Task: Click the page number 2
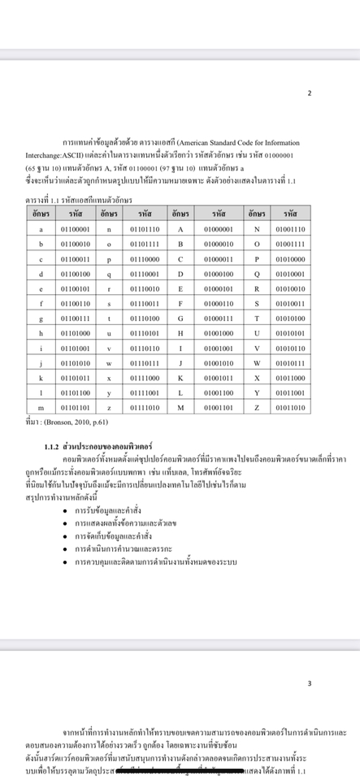[x=309, y=93]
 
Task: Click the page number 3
[x=309, y=683]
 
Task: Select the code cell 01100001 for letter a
[x=76, y=229]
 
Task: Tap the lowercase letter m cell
[x=41, y=407]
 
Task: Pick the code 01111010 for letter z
[x=145, y=407]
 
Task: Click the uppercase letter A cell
[x=180, y=229]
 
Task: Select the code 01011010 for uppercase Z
[x=290, y=407]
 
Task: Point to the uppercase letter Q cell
[x=257, y=274]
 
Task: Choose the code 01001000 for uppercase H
[x=218, y=333]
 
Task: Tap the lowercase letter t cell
[x=109, y=318]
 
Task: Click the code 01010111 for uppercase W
[x=290, y=362]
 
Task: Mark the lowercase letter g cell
[x=41, y=318]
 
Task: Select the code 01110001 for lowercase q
[x=145, y=274]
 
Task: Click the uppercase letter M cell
[x=180, y=407]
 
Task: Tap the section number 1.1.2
[x=51, y=447]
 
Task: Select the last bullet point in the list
[x=154, y=562]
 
